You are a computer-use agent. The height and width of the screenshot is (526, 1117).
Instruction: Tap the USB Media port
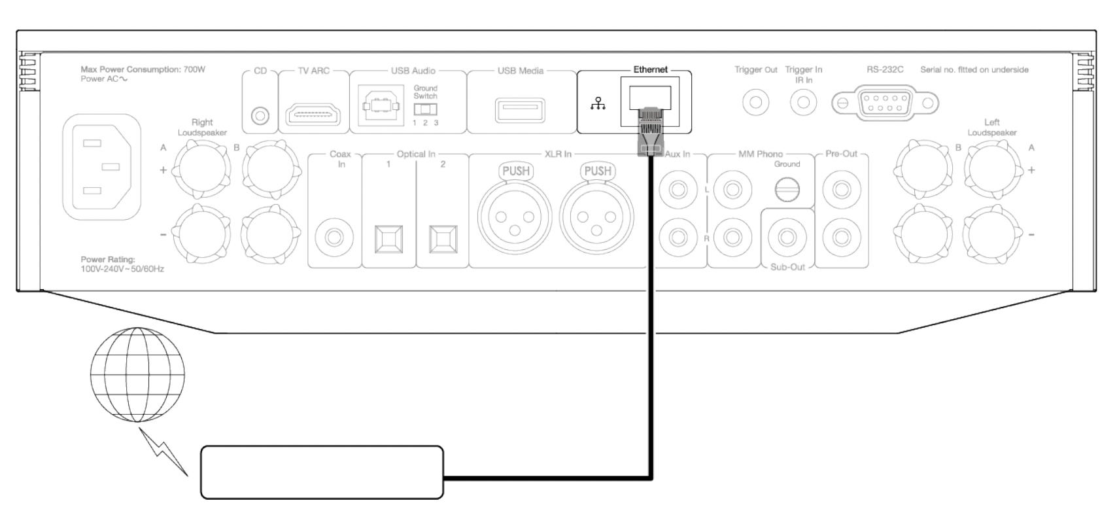point(520,109)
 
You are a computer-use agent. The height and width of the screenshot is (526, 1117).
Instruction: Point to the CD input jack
point(260,116)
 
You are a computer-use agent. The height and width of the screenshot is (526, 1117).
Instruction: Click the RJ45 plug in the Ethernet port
point(650,131)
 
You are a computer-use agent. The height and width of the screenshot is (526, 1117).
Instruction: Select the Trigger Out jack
point(755,102)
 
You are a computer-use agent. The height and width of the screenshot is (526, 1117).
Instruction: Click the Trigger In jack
point(804,102)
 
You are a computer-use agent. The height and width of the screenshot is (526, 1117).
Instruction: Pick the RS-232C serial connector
point(884,103)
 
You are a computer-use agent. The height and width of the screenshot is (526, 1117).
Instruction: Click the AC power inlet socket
point(101,167)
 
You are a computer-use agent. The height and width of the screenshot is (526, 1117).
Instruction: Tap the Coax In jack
point(334,236)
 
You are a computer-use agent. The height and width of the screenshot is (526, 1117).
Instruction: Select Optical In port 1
point(388,239)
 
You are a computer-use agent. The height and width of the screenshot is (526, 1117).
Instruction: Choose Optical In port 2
point(443,239)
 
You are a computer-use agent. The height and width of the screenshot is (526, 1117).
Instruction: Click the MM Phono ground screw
point(787,190)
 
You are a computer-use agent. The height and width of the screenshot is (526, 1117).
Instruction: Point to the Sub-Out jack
point(787,236)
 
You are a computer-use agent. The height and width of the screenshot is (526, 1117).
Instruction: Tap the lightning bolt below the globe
point(167,452)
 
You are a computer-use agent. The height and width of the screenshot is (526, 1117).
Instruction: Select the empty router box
point(322,472)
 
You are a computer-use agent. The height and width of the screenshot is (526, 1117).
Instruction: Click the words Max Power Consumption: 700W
point(143,69)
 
